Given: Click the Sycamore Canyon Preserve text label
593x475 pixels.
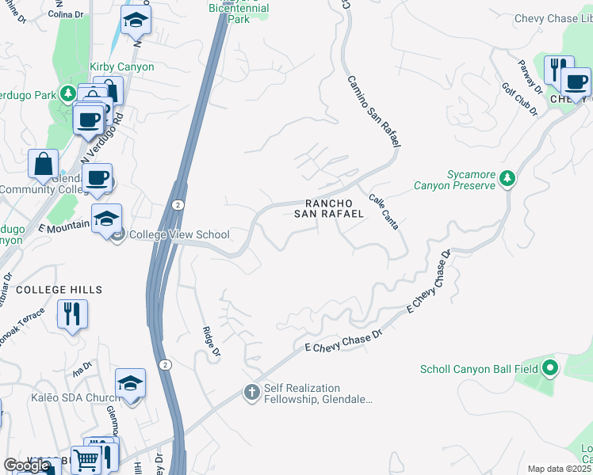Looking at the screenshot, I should pyautogui.click(x=453, y=180).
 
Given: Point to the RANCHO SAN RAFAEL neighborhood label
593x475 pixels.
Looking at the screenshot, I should pyautogui.click(x=329, y=208).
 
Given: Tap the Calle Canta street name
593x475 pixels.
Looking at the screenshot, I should pyautogui.click(x=384, y=211).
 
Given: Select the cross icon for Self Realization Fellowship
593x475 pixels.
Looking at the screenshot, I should pyautogui.click(x=251, y=392).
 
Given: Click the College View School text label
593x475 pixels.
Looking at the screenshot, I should pyautogui.click(x=179, y=234).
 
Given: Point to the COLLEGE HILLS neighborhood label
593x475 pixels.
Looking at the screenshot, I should pyautogui.click(x=59, y=290).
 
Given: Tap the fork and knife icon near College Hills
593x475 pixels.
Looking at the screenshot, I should pyautogui.click(x=72, y=313).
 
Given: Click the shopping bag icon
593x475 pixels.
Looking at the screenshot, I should pyautogui.click(x=44, y=164).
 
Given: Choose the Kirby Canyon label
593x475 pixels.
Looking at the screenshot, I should pyautogui.click(x=122, y=67).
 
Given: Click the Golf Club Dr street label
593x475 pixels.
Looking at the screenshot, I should pyautogui.click(x=520, y=99).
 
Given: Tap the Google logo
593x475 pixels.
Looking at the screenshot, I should pyautogui.click(x=27, y=465).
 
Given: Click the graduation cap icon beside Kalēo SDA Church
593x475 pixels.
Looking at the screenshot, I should pyautogui.click(x=130, y=383).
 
